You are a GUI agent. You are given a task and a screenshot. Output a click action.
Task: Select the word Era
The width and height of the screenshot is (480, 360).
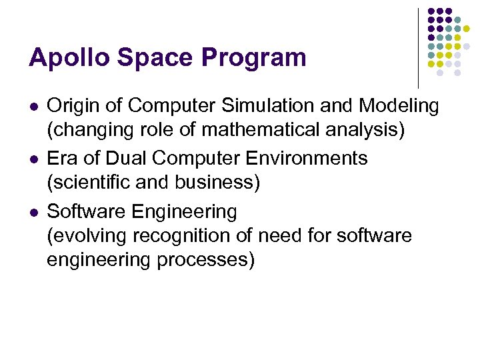pos(63,159)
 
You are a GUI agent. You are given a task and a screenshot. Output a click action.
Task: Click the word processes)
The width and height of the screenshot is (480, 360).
pos(206,260)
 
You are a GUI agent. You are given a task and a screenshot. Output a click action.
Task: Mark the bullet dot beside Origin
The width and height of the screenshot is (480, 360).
pos(34,107)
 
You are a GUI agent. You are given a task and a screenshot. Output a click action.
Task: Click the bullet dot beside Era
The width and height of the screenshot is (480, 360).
pos(34,160)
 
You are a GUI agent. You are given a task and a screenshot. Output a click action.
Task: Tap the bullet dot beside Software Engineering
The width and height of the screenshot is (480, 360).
pos(34,213)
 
